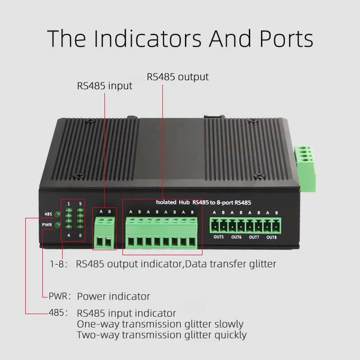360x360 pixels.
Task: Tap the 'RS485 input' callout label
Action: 105,85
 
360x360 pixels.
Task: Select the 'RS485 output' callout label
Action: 178,77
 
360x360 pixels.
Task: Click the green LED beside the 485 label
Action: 57,214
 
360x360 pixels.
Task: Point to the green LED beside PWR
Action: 57,224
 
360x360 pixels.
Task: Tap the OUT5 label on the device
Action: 218,237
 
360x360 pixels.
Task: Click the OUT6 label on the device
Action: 236,237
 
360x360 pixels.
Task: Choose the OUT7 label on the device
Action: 254,237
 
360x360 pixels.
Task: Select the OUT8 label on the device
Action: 271,237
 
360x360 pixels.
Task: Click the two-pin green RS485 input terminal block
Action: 104,232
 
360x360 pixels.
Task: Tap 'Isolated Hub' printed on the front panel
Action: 172,202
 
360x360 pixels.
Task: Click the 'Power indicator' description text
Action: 113,296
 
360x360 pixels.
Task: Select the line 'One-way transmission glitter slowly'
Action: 160,324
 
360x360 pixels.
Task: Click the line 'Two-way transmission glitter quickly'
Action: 162,335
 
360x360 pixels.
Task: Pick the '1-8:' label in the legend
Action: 58,264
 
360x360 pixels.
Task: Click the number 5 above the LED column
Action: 80,204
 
